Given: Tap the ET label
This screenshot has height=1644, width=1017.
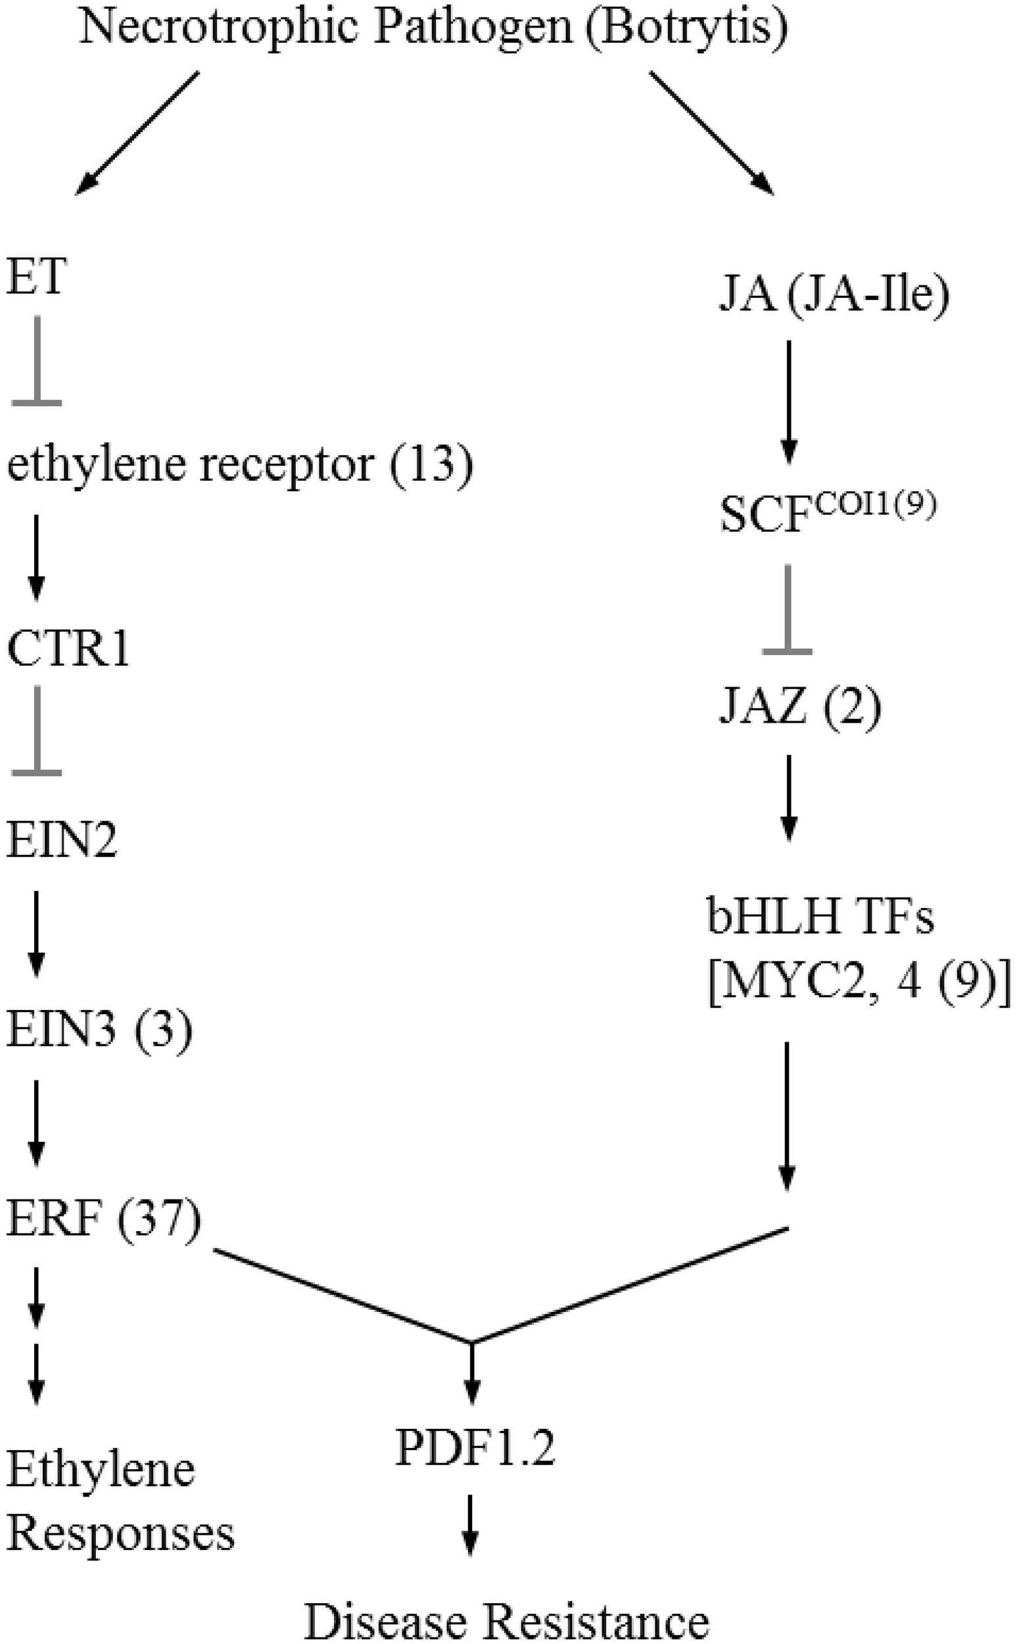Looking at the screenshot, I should click(37, 276).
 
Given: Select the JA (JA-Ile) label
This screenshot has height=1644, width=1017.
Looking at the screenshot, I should click(834, 295).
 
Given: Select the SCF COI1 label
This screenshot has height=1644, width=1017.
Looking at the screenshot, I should click(827, 515).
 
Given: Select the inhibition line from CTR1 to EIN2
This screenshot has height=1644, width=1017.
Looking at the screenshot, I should click(36, 733).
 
